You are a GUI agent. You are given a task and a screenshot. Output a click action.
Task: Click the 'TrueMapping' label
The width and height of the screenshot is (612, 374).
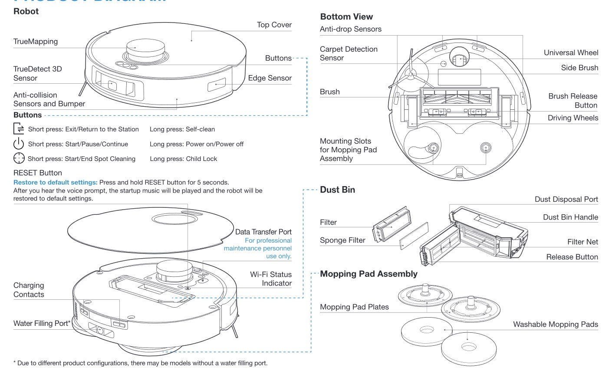point(36,42)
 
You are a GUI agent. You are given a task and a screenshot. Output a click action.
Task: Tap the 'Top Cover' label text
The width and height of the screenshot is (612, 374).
point(274,25)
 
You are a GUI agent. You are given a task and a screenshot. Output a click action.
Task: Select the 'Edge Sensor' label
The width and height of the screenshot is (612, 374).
point(270,78)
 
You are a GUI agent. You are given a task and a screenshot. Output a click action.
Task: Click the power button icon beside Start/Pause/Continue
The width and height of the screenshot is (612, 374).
point(19,144)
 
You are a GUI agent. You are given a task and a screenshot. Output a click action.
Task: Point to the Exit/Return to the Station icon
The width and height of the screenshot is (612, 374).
point(19,129)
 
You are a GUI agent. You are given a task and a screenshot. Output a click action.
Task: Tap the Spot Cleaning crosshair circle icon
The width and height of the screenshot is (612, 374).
point(19,158)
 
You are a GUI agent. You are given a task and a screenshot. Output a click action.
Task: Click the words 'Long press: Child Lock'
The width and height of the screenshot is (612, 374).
point(183,159)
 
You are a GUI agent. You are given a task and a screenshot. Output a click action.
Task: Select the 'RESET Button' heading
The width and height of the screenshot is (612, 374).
point(38,173)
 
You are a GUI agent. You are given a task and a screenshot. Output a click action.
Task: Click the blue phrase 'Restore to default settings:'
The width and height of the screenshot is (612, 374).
point(56,182)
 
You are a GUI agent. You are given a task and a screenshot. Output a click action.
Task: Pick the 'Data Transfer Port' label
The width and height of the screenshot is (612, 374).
point(263,232)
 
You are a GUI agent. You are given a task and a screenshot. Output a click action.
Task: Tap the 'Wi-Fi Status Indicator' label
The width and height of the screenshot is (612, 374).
point(271,279)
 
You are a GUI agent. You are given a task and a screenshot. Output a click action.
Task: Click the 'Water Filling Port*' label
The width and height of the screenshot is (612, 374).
point(42,323)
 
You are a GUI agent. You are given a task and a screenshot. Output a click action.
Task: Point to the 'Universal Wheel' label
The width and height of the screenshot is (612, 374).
point(571,52)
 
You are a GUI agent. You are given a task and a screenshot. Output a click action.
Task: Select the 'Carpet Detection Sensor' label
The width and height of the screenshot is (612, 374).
point(349,53)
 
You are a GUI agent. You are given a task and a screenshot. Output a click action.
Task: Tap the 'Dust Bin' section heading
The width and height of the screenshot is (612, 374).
point(337,190)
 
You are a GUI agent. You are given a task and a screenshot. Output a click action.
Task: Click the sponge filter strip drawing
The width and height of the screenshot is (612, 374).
point(414,234)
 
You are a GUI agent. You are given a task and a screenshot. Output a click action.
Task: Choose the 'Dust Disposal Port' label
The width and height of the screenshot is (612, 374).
point(566,199)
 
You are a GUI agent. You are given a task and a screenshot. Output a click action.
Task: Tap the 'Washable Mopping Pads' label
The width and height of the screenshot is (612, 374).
point(555,324)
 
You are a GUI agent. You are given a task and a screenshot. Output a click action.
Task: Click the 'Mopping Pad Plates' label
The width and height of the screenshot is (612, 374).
point(354,307)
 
